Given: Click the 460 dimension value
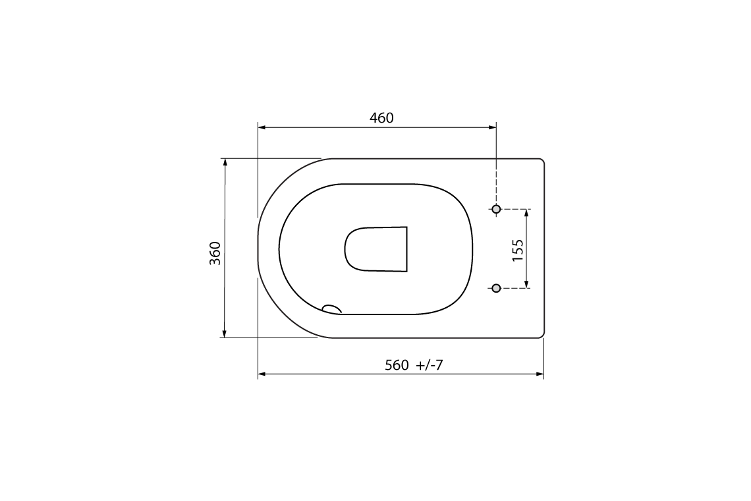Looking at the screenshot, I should coord(381,118).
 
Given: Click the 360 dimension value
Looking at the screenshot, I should coord(215,253).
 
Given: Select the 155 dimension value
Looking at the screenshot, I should coord(518,250).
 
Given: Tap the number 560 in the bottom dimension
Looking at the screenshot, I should coord(397,366).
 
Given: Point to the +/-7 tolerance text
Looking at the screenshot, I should coord(430,366).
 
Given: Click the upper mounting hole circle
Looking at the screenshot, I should coord(497,209).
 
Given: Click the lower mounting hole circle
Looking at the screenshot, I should coord(497,287).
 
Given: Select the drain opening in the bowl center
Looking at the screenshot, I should coord(376,249).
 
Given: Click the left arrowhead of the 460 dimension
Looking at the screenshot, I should coord(262,127).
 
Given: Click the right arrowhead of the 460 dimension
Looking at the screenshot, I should coord(492,127).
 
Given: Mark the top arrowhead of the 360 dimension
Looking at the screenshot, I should coord(225,162).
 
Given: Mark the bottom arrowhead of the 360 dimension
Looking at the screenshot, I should coord(225,334).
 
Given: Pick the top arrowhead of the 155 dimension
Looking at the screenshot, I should coord(526,213).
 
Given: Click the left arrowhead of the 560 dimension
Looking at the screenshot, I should coord(262,374).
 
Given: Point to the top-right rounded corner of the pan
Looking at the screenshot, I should coord(542,161).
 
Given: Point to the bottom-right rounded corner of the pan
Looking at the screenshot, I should coord(542,335).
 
